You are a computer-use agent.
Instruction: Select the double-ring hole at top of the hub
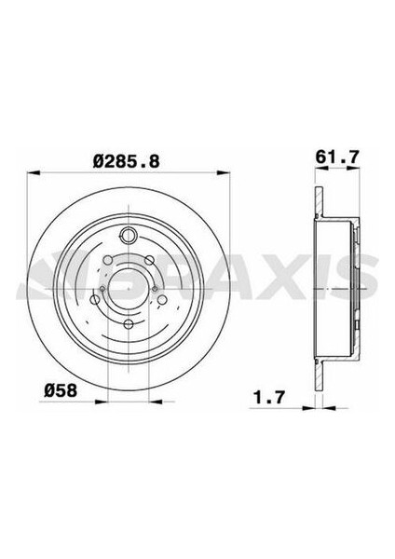tap(129, 237)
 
